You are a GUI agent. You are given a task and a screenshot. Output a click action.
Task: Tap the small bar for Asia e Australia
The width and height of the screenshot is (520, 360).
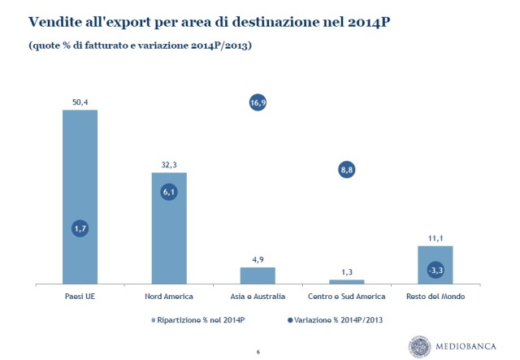click(258, 275)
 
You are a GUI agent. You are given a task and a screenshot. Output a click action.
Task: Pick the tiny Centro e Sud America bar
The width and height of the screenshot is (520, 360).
click(347, 282)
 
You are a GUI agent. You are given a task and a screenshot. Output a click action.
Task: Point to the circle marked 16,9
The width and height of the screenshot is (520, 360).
click(258, 102)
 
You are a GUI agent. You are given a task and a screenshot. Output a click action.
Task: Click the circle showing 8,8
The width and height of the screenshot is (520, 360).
click(347, 169)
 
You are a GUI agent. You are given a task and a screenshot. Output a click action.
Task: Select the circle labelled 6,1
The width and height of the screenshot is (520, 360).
click(169, 193)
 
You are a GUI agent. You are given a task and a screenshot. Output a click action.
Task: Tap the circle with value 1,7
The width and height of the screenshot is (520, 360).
click(80, 230)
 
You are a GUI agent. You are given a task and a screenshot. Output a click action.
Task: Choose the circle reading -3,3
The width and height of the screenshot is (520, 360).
click(435, 269)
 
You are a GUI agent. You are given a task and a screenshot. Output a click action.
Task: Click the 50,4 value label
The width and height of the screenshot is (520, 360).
click(80, 101)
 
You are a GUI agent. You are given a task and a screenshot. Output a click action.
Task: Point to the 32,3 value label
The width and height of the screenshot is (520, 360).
click(169, 164)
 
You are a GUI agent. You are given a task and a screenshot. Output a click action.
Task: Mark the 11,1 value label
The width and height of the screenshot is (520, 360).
click(435, 237)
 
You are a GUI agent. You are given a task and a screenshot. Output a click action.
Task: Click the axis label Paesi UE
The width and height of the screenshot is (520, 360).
click(80, 297)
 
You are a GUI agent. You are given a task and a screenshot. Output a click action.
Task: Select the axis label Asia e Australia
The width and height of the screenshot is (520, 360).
click(258, 297)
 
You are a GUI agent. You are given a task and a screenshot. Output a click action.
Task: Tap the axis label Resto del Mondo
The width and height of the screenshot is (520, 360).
click(435, 297)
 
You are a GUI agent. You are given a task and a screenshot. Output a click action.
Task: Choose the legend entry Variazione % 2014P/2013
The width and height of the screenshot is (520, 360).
click(333, 319)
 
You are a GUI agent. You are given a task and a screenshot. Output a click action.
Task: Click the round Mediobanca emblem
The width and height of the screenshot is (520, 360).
click(422, 344)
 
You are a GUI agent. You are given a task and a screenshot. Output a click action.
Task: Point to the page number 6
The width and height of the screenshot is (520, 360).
click(258, 351)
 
